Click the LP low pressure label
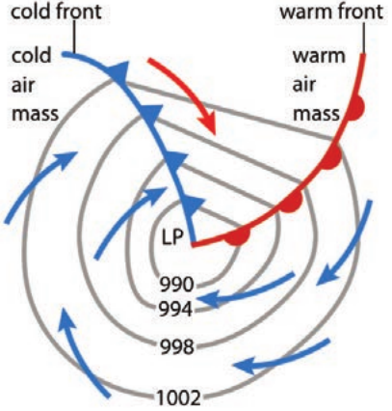click(173, 238)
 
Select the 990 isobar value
click(177, 285)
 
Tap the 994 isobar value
click(176, 310)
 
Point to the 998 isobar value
click(177, 346)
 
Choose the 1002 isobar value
click(178, 397)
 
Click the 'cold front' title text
click(57, 11)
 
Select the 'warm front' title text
click(331, 12)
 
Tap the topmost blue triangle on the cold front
click(118, 73)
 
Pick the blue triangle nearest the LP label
click(194, 206)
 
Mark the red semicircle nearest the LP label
click(238, 237)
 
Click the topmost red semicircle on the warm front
click(355, 108)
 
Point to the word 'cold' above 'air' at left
click(32, 55)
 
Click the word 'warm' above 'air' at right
click(319, 56)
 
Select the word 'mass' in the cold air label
click(36, 114)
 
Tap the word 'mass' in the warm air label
click(316, 114)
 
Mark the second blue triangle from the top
click(150, 115)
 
